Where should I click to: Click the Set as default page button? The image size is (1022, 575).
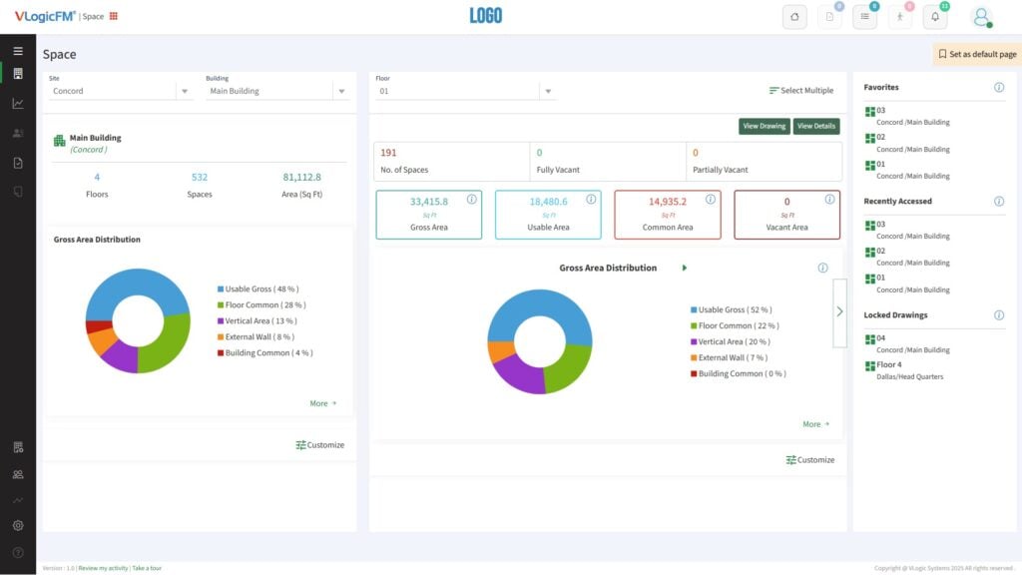977,54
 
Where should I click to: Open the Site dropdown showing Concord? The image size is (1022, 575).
120,91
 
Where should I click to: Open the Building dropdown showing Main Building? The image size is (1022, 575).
276,91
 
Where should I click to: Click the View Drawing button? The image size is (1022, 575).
764,127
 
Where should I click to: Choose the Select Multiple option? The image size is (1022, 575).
801,91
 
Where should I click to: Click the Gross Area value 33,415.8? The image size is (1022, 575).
429,202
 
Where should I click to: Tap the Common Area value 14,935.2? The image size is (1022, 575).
668,202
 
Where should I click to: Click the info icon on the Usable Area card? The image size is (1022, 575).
591,200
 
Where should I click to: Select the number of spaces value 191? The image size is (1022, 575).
388,153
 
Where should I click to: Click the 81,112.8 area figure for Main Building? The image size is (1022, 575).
301,178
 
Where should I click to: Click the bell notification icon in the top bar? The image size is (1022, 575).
934,17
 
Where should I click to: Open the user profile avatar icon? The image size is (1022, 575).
981,17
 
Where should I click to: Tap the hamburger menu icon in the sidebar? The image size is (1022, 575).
18,50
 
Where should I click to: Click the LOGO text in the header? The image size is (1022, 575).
486,16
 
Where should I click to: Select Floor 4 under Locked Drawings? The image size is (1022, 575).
888,364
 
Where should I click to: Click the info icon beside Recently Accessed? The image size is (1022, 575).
999,202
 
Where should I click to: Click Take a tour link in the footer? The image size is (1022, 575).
147,568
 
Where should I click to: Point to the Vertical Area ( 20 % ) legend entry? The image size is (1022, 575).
735,341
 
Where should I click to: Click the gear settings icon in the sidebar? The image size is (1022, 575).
18,525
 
